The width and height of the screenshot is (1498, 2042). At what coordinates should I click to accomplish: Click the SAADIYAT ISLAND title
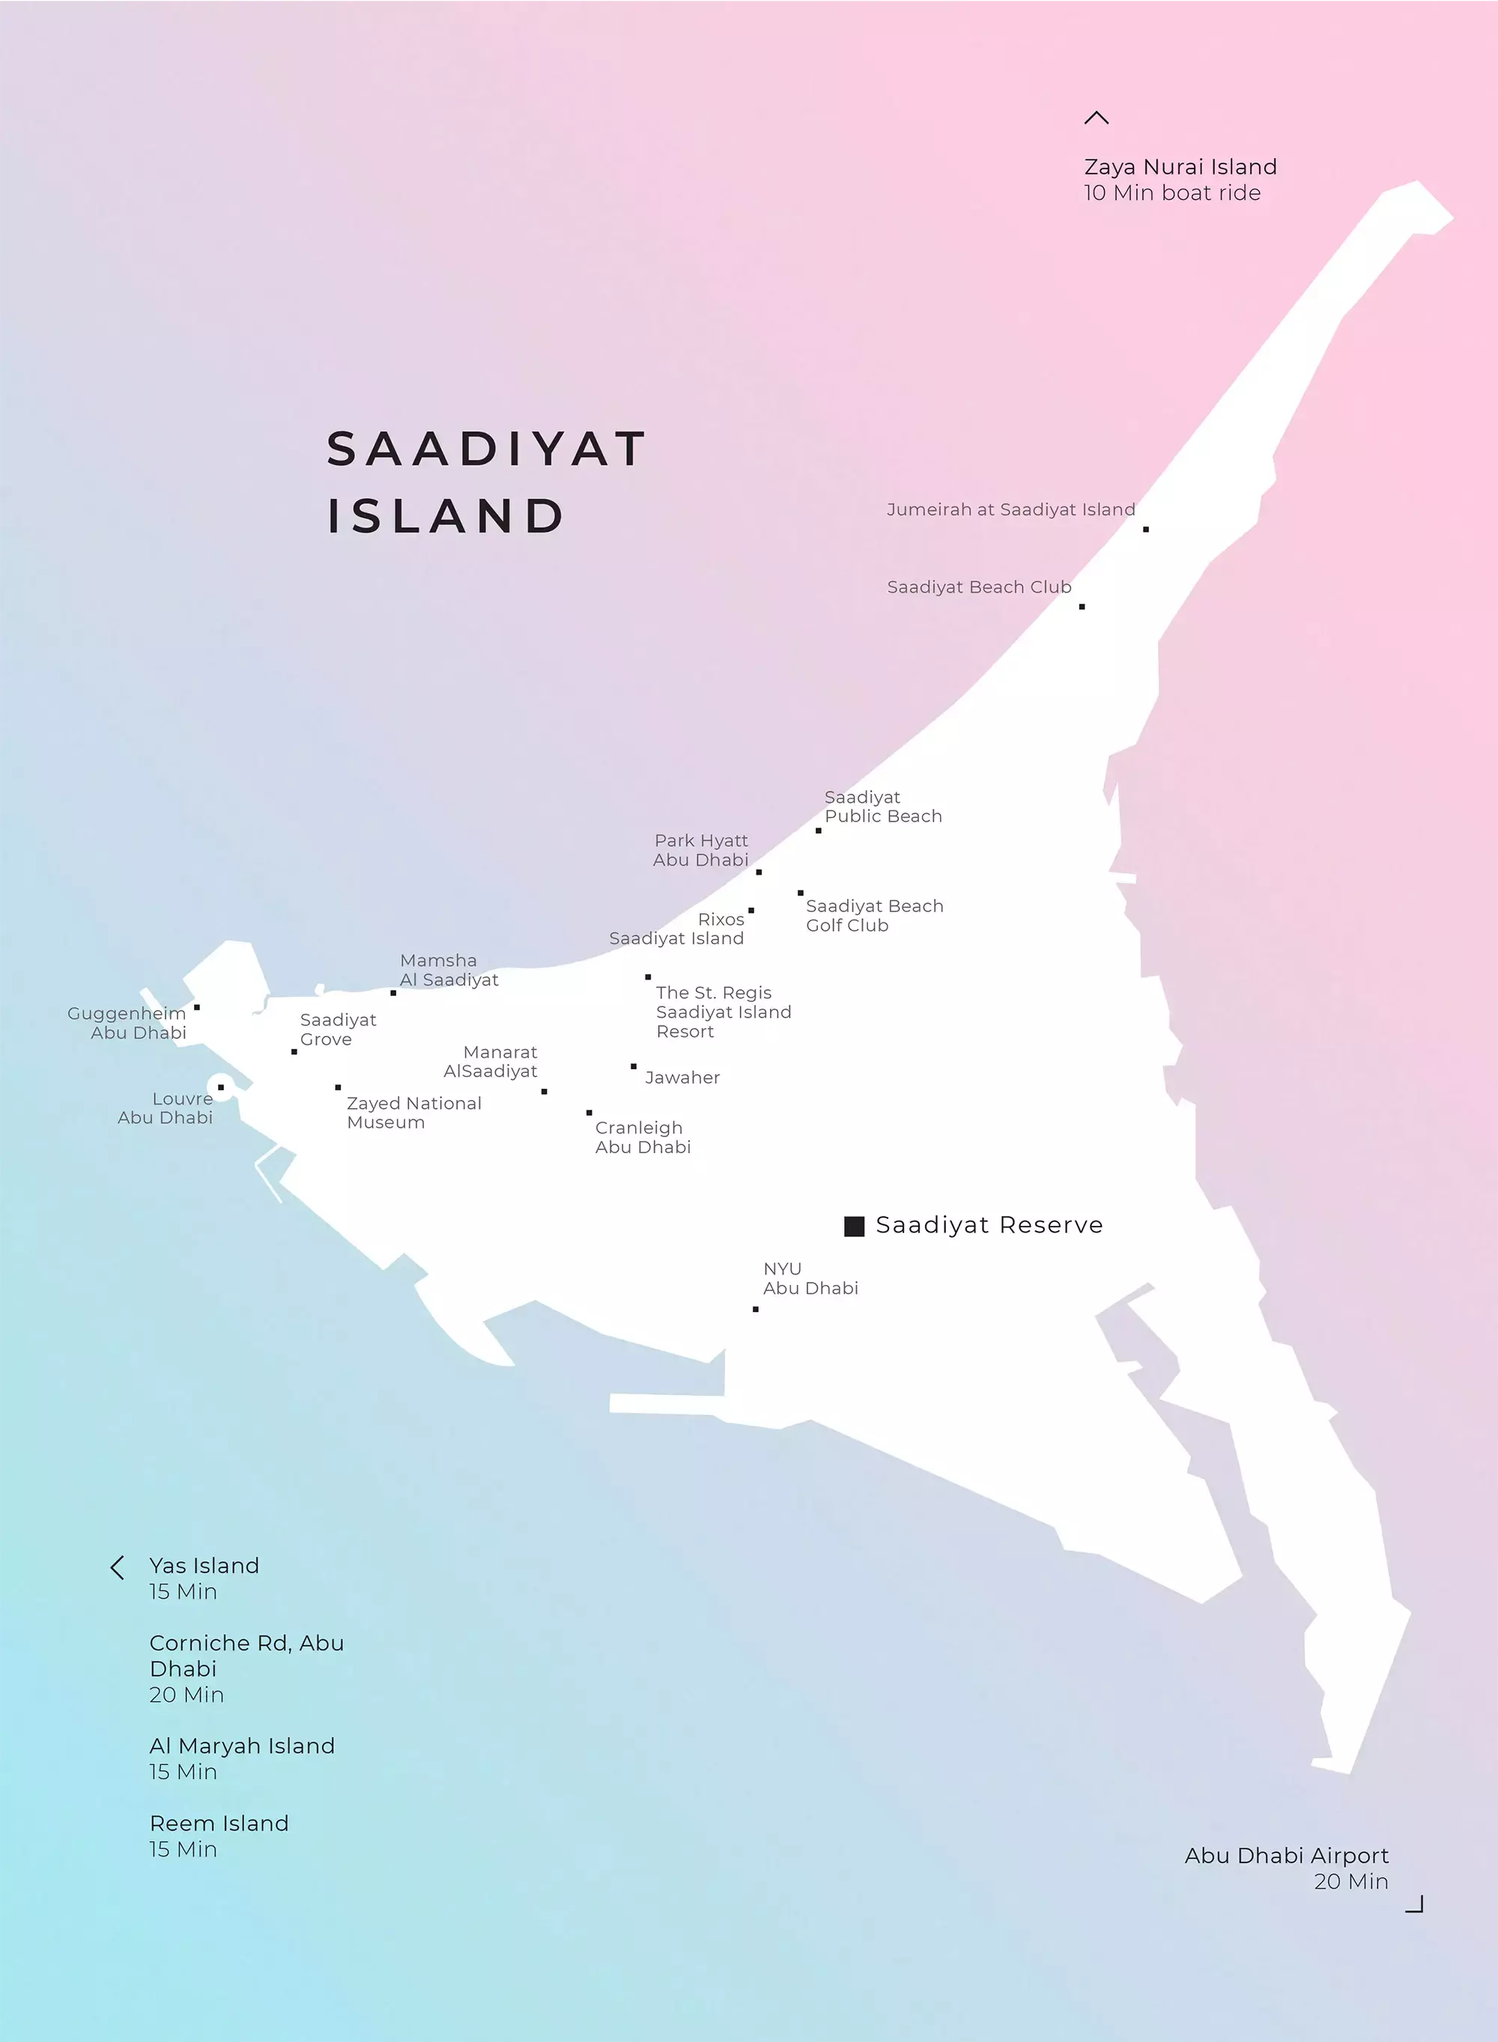click(486, 482)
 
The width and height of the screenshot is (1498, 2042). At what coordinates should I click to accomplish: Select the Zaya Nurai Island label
click(1180, 168)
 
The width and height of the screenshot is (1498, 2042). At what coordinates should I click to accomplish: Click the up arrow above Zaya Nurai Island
click(1097, 118)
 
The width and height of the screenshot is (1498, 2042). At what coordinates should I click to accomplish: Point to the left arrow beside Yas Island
click(117, 1568)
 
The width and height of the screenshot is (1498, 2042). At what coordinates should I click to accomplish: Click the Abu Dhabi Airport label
click(1286, 1856)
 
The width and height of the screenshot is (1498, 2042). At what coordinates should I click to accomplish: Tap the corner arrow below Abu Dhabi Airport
click(1416, 1904)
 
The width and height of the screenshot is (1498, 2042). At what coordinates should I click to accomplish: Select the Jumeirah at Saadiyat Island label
click(1010, 509)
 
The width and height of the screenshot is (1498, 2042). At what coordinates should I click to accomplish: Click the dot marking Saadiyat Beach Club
click(1082, 607)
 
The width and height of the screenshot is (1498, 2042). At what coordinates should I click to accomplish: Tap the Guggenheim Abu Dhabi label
click(127, 1022)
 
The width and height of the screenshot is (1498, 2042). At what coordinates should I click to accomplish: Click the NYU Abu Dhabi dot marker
click(755, 1309)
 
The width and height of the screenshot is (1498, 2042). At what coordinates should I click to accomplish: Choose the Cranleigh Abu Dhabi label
click(642, 1137)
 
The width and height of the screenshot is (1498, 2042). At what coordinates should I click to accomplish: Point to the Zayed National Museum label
click(413, 1112)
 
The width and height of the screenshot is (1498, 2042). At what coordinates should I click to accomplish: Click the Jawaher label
click(682, 1078)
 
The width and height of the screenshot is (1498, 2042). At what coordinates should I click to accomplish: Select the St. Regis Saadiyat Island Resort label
click(723, 1012)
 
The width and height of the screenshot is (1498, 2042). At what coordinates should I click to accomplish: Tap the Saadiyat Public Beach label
click(882, 806)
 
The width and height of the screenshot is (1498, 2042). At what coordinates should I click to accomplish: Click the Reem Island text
click(219, 1823)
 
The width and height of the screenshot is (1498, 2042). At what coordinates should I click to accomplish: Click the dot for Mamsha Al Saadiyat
click(392, 992)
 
